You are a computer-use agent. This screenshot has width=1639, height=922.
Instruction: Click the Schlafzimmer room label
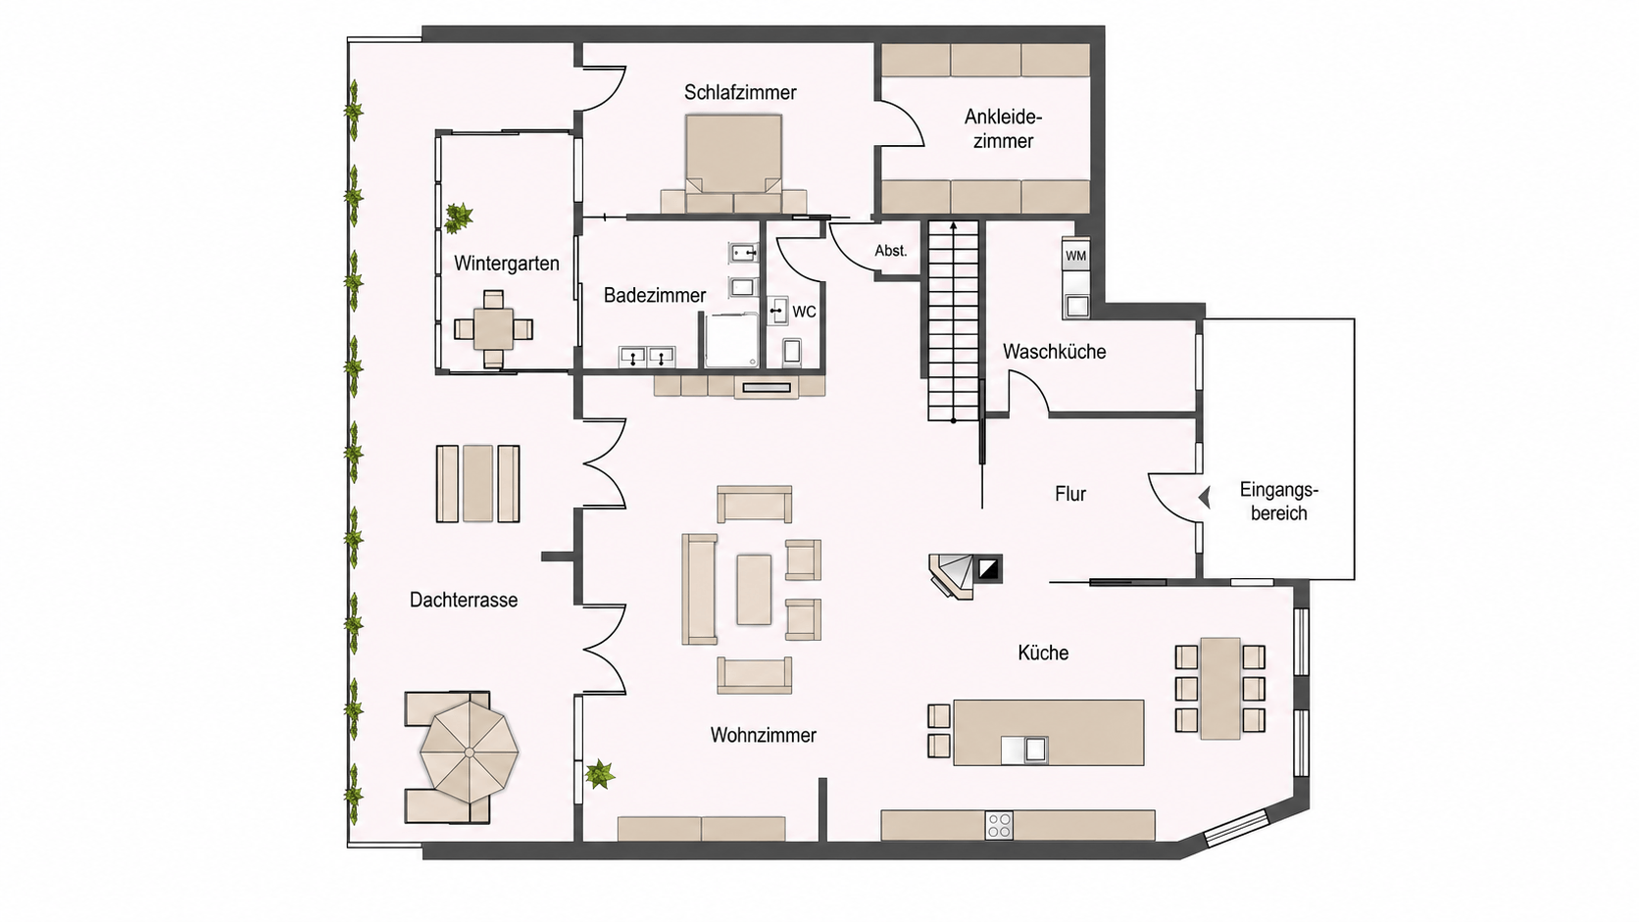[x=740, y=93]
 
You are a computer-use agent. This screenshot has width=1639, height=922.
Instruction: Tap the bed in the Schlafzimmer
[x=734, y=164]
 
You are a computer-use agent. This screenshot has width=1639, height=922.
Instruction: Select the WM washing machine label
[x=1075, y=256]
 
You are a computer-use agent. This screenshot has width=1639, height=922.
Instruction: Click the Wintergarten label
[x=507, y=264]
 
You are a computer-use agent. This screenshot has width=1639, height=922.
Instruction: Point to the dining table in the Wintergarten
[x=493, y=330]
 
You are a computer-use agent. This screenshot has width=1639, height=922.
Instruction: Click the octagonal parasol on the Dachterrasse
[x=469, y=752]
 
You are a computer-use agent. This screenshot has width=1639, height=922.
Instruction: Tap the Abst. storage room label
[x=890, y=251]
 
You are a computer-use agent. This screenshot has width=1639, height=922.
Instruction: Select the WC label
[x=804, y=313]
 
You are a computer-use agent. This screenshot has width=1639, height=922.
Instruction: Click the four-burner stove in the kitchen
[x=999, y=825]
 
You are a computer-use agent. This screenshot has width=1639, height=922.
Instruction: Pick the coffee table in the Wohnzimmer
[x=754, y=589]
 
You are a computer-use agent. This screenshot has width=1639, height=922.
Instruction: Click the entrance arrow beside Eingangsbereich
[x=1205, y=498]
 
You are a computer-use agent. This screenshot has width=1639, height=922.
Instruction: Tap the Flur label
[x=1069, y=494]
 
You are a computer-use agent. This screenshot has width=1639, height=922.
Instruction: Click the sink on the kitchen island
[x=1025, y=751]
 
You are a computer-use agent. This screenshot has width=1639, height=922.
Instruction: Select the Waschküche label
[x=1054, y=352]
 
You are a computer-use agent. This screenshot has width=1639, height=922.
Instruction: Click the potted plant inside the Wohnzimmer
[x=599, y=774]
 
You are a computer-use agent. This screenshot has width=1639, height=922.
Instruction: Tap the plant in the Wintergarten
[x=459, y=218]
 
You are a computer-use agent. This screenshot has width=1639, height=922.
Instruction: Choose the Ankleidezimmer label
[x=1003, y=128]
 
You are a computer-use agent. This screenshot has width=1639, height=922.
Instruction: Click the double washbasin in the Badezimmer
[x=647, y=357]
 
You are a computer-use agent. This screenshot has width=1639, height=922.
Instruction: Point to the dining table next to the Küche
[x=1219, y=689]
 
